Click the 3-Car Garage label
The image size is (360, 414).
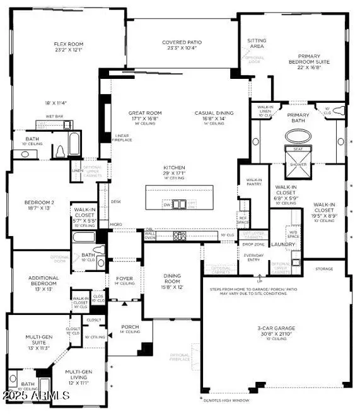(274, 332)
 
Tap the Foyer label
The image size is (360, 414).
(124, 278)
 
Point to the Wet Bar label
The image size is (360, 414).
(54, 117)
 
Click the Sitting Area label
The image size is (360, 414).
(257, 44)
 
